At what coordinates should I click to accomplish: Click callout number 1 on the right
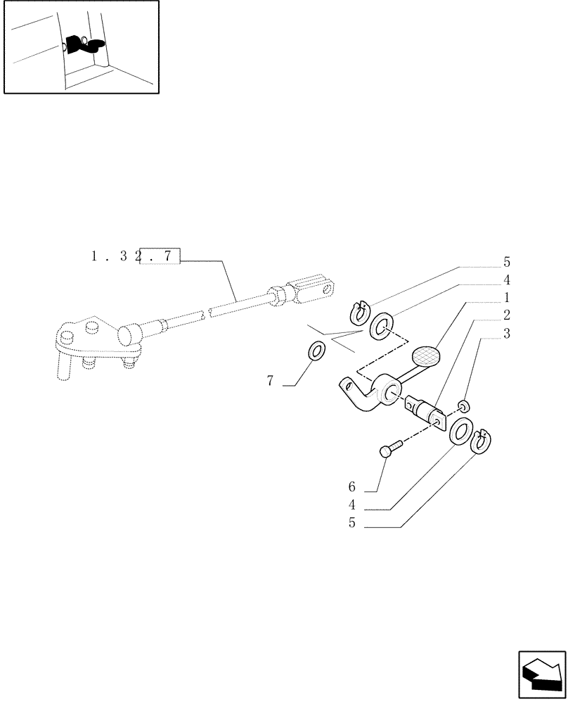tap(506, 297)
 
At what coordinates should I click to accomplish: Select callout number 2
tap(506, 315)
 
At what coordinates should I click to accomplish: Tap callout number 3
tap(506, 333)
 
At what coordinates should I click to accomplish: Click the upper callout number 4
tap(506, 280)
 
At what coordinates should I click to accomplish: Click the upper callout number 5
tap(506, 263)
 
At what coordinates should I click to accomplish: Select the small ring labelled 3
tap(463, 405)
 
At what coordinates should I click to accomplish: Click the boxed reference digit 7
tap(167, 256)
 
